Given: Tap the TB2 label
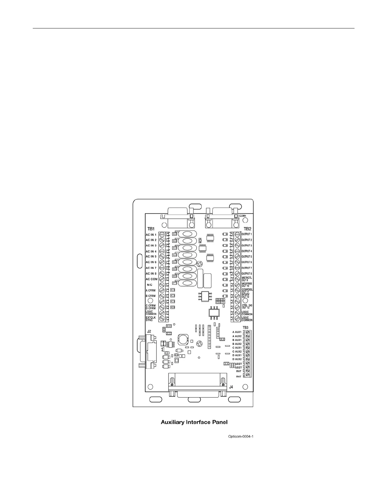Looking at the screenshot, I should point(247,229).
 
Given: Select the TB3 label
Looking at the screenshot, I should point(246,327).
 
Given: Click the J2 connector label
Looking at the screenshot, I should point(149,331).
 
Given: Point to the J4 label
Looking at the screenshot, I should point(231,387).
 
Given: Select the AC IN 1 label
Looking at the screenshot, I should point(151,235).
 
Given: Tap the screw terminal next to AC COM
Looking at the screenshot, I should point(162,279).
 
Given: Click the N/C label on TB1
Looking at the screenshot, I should point(149,285).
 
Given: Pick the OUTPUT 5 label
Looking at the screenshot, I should point(247,257).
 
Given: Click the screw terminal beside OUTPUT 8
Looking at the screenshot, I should point(237,274).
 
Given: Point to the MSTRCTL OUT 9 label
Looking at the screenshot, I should point(247,279).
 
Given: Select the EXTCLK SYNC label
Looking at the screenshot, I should point(151,319).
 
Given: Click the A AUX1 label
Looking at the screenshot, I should point(237,332).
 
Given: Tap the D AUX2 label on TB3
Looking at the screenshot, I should point(237,359).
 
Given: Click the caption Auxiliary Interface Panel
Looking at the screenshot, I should point(194,422).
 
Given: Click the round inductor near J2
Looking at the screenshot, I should point(182,339).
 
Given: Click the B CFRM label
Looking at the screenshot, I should point(150,296).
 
